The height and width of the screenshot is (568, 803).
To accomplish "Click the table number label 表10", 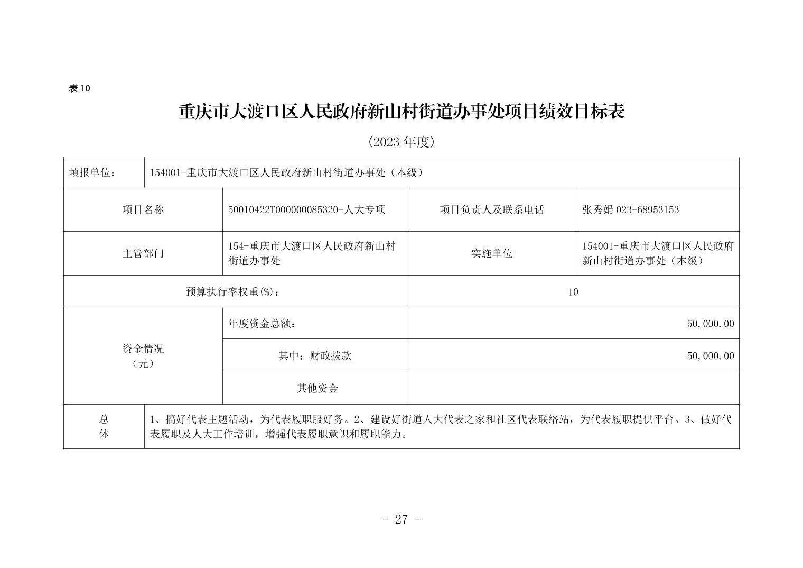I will click(x=79, y=88).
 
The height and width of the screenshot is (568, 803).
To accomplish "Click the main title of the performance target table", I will click(x=401, y=112).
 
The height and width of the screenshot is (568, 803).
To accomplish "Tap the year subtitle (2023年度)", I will click(x=401, y=142).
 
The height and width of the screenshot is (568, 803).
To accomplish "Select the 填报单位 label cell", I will click(x=92, y=172).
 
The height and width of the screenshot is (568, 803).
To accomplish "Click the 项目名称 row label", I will click(x=143, y=209).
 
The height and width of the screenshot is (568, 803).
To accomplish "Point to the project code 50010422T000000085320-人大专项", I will click(x=306, y=209).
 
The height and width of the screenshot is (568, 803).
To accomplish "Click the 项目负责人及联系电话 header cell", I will click(x=491, y=209).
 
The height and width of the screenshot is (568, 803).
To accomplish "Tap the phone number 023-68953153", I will click(x=648, y=209).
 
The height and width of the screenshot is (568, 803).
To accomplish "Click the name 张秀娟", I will click(x=597, y=209).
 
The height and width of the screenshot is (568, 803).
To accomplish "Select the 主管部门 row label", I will click(x=143, y=253).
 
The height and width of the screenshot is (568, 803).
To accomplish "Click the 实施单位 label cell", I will click(x=491, y=253).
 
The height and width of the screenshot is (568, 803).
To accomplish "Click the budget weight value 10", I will click(x=573, y=291).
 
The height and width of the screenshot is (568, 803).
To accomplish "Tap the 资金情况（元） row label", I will click(x=143, y=356).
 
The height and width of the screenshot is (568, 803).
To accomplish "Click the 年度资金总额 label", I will click(x=262, y=324).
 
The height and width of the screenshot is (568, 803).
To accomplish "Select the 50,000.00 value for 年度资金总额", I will click(x=710, y=324).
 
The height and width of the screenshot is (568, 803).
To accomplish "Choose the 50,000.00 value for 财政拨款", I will click(x=710, y=356).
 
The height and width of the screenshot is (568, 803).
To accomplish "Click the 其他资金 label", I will click(x=317, y=388).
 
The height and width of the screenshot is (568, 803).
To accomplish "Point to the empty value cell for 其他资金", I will click(x=573, y=388).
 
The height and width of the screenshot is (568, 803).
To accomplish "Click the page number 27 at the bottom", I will click(x=401, y=519).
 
